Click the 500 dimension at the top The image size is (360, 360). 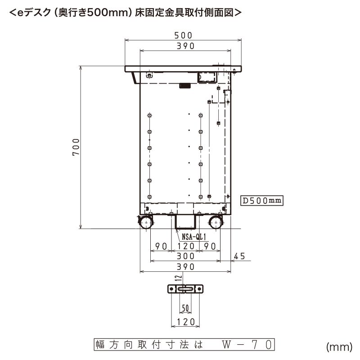point(184,35)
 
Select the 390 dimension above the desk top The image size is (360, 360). point(185,46)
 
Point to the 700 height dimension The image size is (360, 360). point(76,147)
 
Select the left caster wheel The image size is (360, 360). point(146,223)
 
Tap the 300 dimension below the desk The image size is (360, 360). point(185,256)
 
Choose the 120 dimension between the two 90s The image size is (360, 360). point(185,246)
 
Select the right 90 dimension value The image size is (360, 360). point(210,246)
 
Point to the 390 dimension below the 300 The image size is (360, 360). point(185,267)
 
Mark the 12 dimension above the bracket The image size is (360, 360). point(178,279)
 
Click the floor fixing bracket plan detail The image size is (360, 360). point(185,289)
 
